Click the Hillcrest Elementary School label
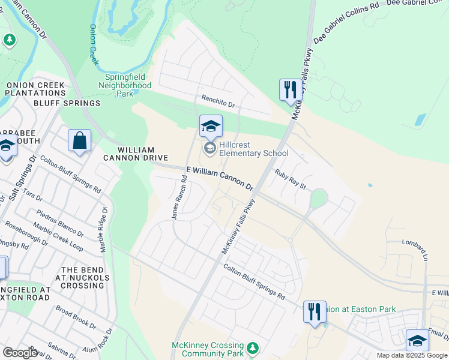click(x=253, y=149)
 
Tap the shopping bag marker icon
click(x=79, y=141)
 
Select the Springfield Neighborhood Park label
click(x=125, y=85)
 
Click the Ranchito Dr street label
click(x=218, y=102)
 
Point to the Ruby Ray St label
click(x=291, y=179)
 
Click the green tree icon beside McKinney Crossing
click(x=253, y=347)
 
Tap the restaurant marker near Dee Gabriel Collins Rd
click(x=291, y=90)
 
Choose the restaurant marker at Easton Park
click(x=314, y=311)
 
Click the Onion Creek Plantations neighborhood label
click(x=35, y=89)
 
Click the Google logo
click(x=20, y=352)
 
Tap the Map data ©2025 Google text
click(x=412, y=355)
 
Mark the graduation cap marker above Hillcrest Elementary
click(x=211, y=127)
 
